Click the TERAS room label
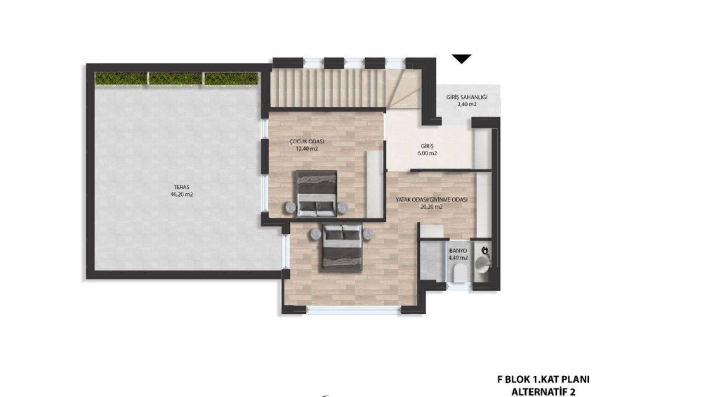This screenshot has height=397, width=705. (x=182, y=187)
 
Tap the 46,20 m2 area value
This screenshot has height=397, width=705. (x=182, y=195)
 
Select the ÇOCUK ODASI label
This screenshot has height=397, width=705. (x=307, y=142)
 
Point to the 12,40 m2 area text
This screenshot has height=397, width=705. (x=307, y=149)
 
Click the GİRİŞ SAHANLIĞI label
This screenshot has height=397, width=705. (x=467, y=97)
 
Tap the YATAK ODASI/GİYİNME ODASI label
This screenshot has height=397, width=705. (x=431, y=200)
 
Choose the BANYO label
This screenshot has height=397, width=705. (x=458, y=251)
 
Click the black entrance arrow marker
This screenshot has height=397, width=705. (x=462, y=59)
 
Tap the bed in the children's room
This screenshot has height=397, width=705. (x=317, y=193)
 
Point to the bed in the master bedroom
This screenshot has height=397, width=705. (x=342, y=248)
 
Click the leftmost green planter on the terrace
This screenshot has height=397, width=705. (x=121, y=78)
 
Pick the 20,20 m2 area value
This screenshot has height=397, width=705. (x=431, y=207)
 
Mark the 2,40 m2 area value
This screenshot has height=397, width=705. (x=467, y=104)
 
